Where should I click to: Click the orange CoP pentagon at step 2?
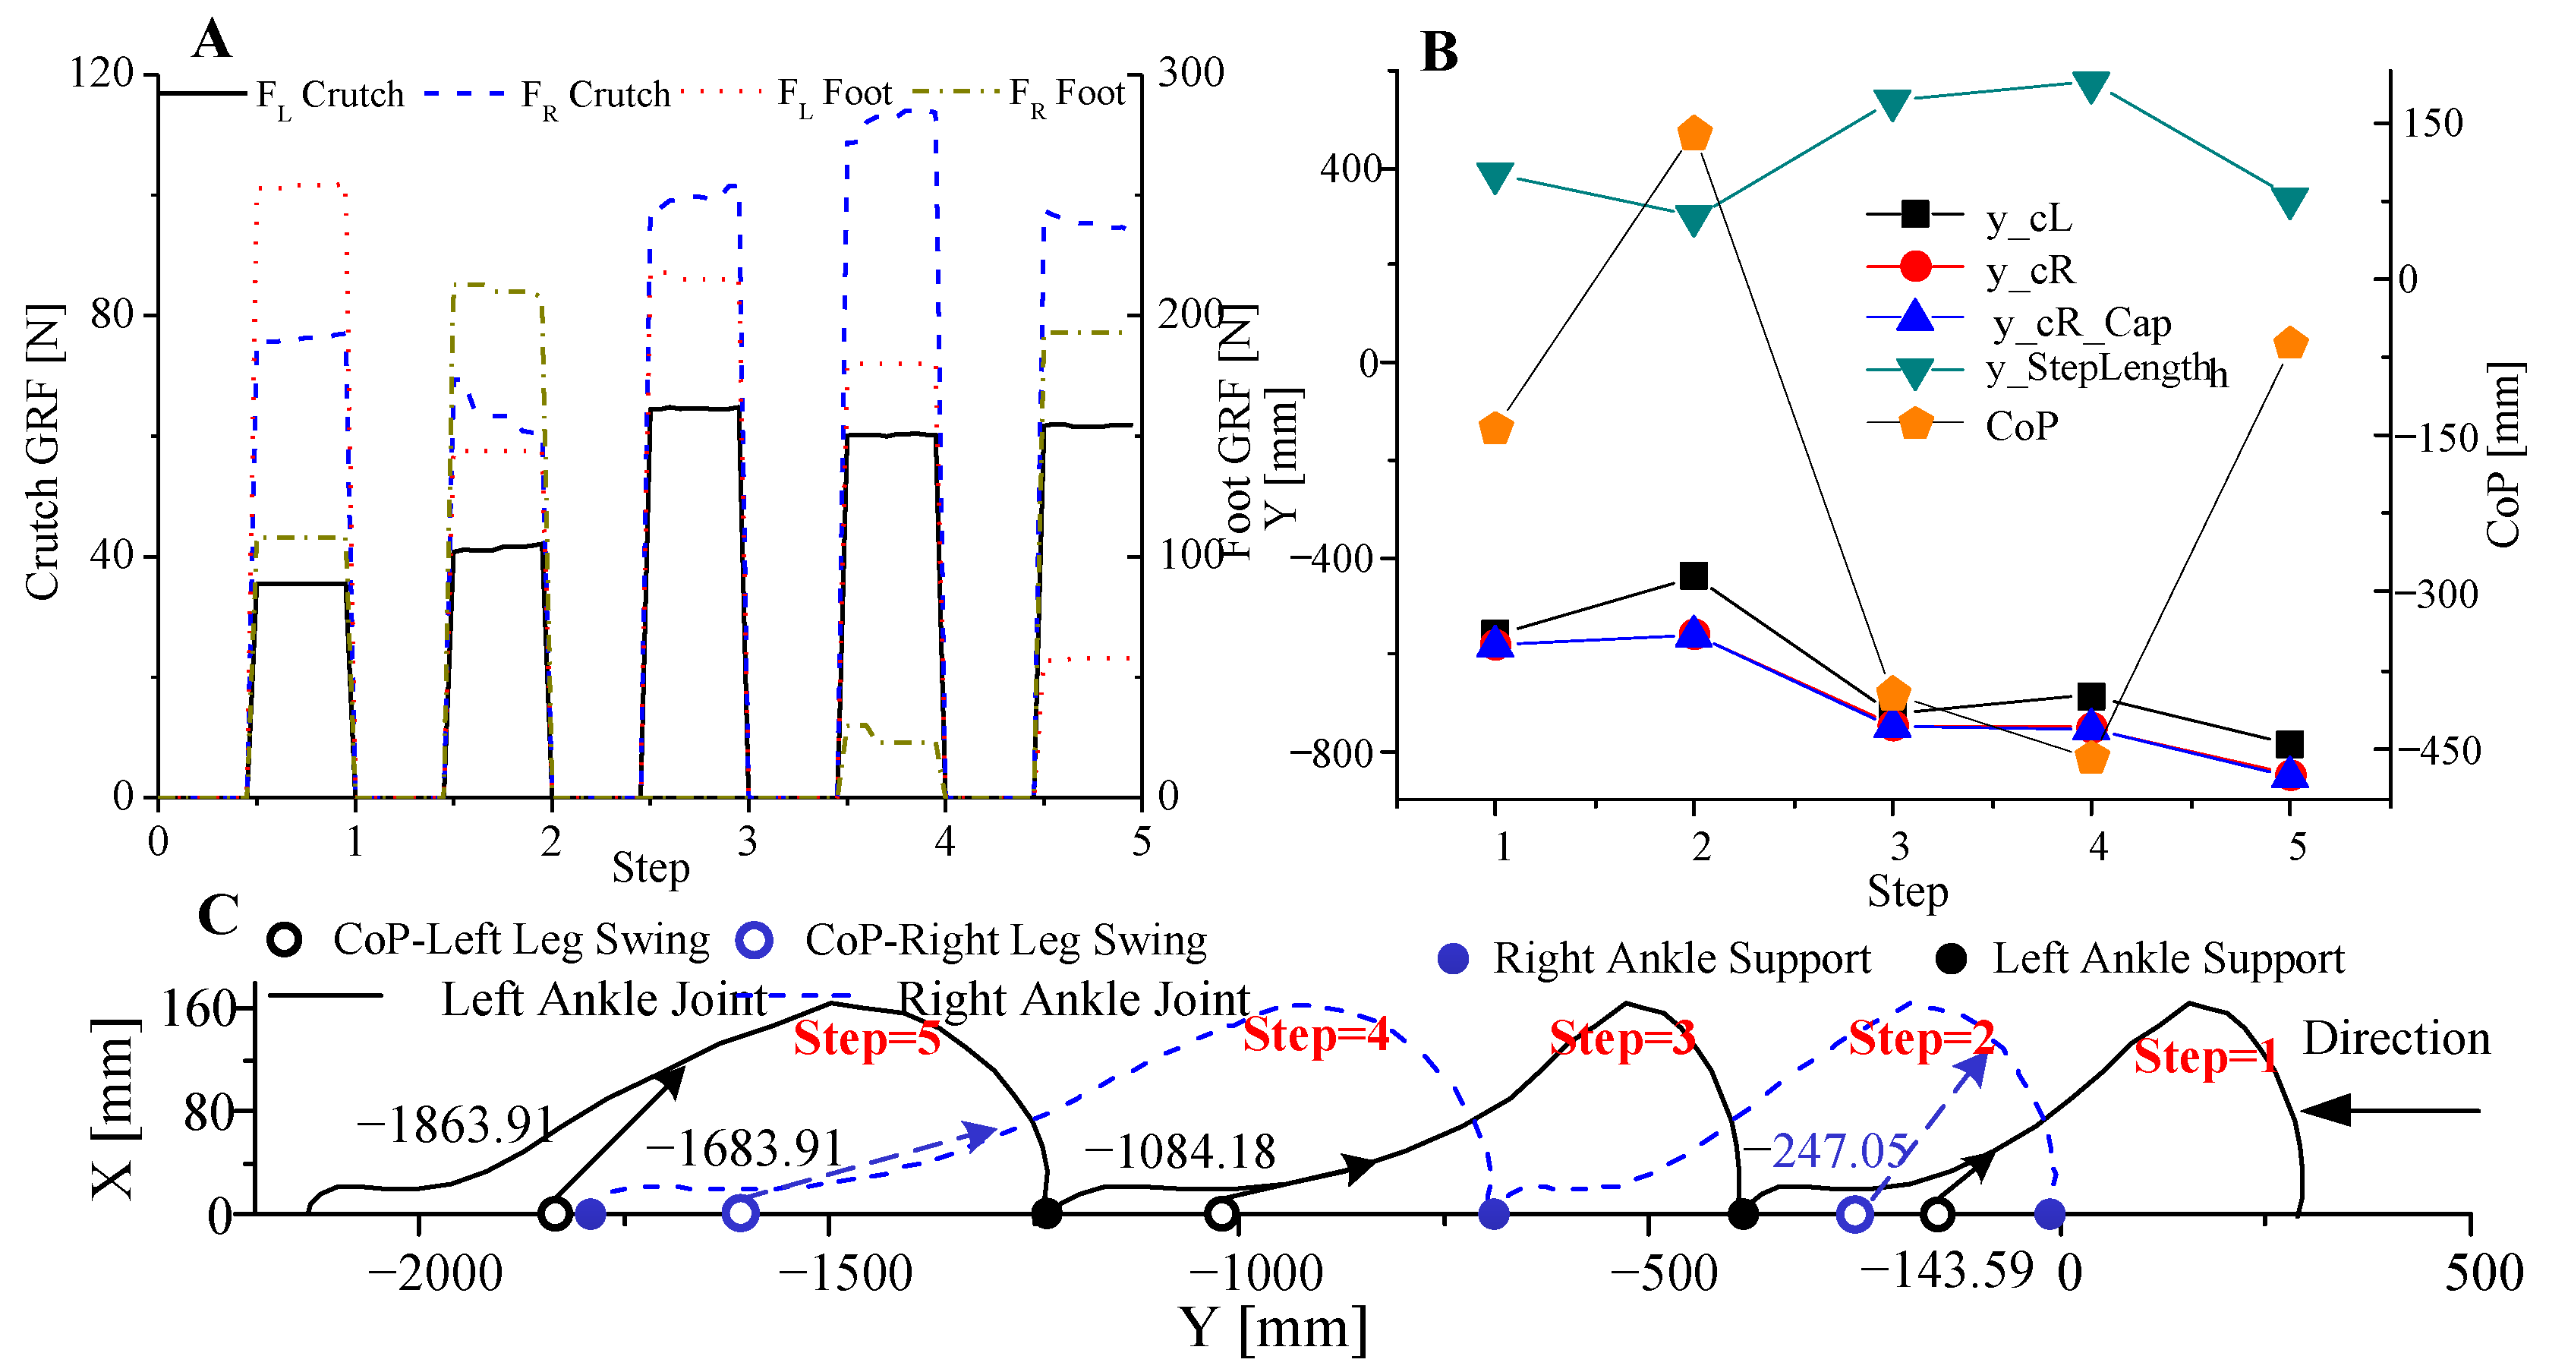pyautogui.click(x=1694, y=134)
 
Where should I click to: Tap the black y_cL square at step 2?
pyautogui.click(x=1694, y=575)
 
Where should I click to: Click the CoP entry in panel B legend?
pyautogui.click(x=2021, y=427)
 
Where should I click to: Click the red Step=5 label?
pyautogui.click(x=866, y=1039)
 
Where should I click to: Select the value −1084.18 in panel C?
pyautogui.click(x=1180, y=1151)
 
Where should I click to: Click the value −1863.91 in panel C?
pyautogui.click(x=455, y=1124)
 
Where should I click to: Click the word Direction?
pyautogui.click(x=2396, y=1039)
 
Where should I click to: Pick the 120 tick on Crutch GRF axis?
pyautogui.click(x=101, y=72)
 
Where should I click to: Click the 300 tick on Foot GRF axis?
pyautogui.click(x=1190, y=72)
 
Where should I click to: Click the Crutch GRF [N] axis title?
pyautogui.click(x=43, y=452)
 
